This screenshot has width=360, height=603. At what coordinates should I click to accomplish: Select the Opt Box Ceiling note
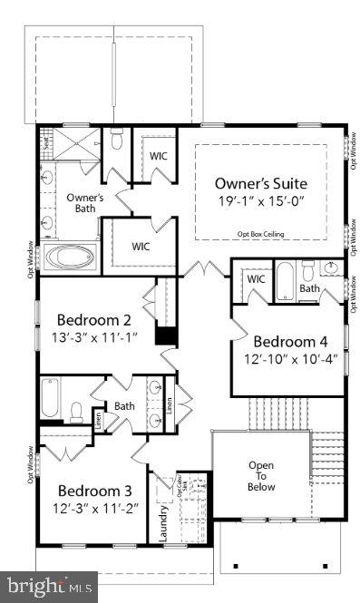coord(261,234)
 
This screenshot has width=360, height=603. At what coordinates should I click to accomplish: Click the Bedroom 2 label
coord(94,319)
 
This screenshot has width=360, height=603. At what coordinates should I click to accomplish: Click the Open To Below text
coord(261,476)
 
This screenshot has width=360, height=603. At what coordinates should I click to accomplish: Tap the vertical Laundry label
coord(165,523)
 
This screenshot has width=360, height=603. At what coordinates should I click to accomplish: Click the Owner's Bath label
coord(86,203)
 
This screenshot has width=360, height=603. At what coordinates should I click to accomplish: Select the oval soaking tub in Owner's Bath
coord(70,258)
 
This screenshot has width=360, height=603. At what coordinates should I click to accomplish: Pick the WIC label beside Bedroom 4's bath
coord(256,278)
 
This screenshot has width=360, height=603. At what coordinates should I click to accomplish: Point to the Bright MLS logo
coord(49,587)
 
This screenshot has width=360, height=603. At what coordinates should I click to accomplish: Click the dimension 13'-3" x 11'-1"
coord(94,338)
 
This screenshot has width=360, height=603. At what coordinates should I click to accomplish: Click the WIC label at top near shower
coord(159,155)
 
